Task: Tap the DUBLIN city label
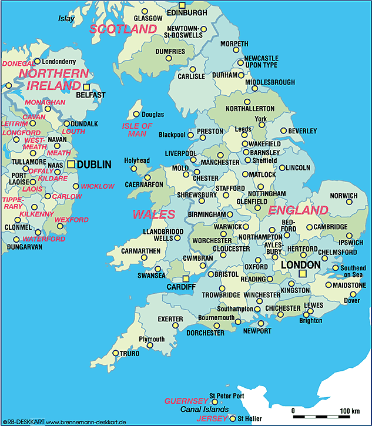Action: point(94,165)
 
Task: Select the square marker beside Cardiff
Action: point(186,279)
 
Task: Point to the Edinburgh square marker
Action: point(182,5)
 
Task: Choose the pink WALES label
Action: point(153,214)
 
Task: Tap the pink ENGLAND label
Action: point(298,210)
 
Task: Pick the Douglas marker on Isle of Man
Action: point(136,114)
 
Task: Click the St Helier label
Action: point(249,418)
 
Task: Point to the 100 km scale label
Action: point(350,410)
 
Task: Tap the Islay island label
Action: point(66,18)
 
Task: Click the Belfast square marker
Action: point(86,87)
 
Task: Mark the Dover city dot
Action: point(353,294)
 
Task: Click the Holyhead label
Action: point(136,160)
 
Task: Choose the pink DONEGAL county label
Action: point(18,63)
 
